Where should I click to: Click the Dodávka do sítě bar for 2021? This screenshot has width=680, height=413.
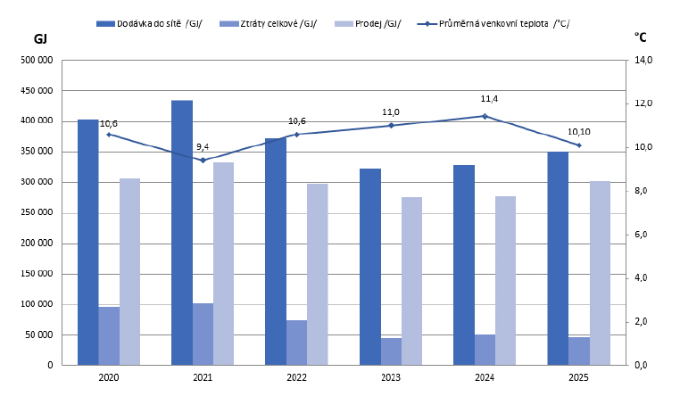click(x=182, y=233)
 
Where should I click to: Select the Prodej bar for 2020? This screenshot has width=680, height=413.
click(x=129, y=272)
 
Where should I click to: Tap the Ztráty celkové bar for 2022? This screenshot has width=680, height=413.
click(x=296, y=343)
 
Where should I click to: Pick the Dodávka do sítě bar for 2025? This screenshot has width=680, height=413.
click(x=558, y=259)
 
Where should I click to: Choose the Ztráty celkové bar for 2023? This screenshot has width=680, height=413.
click(x=391, y=351)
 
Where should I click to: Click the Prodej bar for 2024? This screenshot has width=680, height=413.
click(x=506, y=281)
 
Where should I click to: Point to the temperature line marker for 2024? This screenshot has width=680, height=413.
click(x=485, y=116)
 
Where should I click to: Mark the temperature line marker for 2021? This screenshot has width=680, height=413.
click(x=203, y=160)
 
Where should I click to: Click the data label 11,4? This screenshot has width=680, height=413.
click(x=489, y=99)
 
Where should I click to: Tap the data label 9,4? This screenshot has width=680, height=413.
click(x=203, y=147)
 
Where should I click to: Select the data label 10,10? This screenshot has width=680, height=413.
click(x=579, y=132)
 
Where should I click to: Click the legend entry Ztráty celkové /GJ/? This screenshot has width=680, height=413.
click(x=269, y=23)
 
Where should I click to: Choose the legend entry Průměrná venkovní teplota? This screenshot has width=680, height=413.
click(x=493, y=23)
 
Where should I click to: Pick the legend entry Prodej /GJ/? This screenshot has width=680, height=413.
click(x=369, y=23)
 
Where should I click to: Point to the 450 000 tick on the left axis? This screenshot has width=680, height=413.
click(x=37, y=91)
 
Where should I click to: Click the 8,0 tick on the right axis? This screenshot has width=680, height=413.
click(x=641, y=191)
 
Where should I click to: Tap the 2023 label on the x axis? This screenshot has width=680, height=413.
click(x=391, y=377)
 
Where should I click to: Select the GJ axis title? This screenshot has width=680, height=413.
click(x=40, y=39)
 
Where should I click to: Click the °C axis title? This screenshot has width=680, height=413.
click(x=640, y=37)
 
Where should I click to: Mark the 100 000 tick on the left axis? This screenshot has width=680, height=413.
click(x=37, y=304)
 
